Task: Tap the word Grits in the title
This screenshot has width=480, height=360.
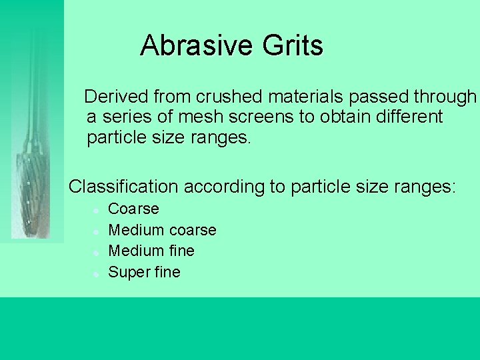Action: [293, 46]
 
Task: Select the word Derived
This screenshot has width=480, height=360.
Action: [117, 97]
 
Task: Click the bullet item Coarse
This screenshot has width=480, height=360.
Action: [133, 209]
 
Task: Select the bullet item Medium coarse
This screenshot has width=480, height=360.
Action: [162, 230]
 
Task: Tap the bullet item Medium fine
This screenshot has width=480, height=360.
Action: [151, 251]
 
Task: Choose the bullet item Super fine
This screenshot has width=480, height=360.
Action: [144, 272]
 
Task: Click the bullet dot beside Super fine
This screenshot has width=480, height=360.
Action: [97, 273]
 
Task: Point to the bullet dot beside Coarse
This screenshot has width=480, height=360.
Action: [97, 210]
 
